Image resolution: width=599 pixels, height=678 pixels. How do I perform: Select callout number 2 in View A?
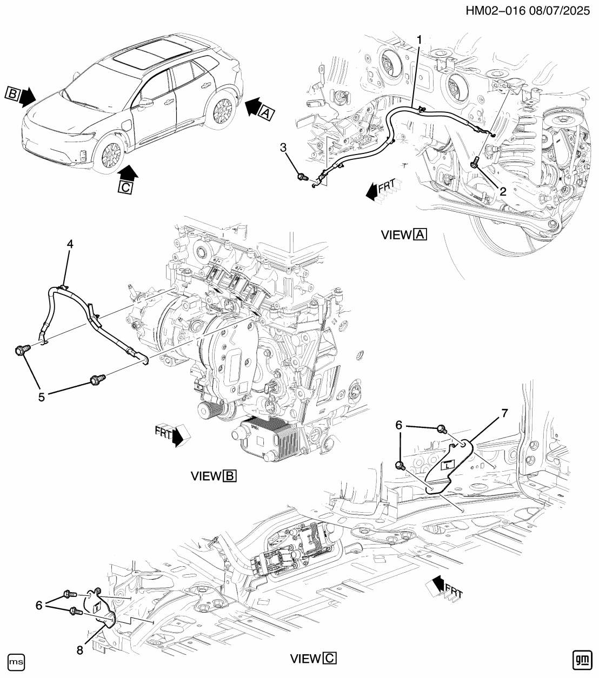[502, 191]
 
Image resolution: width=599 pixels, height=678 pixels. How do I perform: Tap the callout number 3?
[283, 148]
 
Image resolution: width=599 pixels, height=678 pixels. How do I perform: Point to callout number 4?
[70, 244]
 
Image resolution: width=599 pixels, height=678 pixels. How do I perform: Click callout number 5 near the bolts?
[42, 396]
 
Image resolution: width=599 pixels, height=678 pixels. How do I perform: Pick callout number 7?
[505, 413]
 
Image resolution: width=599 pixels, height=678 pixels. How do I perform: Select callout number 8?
[80, 650]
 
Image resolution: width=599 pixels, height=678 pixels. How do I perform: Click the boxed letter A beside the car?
[265, 112]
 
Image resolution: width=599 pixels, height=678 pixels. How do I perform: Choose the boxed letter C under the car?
[125, 187]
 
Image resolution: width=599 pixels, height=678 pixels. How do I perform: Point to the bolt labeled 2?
[475, 162]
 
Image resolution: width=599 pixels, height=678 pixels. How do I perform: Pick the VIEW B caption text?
[214, 476]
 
